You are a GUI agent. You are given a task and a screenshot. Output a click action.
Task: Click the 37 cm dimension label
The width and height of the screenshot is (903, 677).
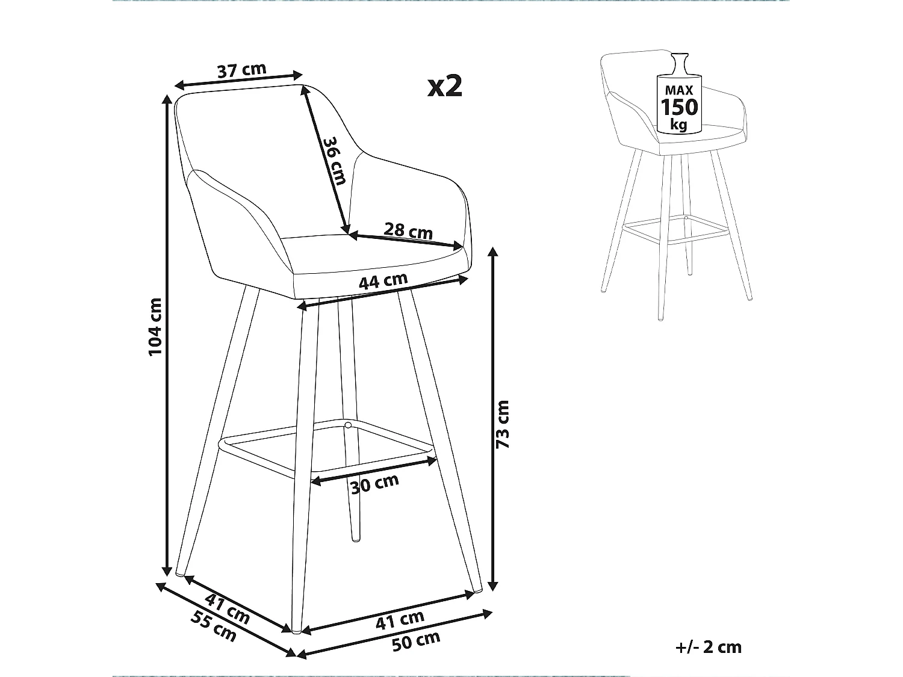coord(241,70)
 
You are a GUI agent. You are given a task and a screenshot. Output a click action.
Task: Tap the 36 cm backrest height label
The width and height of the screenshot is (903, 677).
coord(334,161)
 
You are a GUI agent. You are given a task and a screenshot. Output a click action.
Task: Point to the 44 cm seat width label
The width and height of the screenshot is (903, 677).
coord(383,281)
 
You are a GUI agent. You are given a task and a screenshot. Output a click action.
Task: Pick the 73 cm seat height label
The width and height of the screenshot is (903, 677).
coord(503,424)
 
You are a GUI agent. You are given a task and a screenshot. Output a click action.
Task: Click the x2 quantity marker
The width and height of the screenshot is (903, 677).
coord(445,87)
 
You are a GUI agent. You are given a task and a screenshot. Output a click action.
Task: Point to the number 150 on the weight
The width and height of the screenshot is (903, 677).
coord(680,107)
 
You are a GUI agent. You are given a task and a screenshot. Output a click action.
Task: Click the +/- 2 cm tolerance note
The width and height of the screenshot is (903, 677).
coord(709,648)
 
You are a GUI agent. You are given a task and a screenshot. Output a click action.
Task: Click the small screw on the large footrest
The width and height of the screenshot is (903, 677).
coord(347,425)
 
